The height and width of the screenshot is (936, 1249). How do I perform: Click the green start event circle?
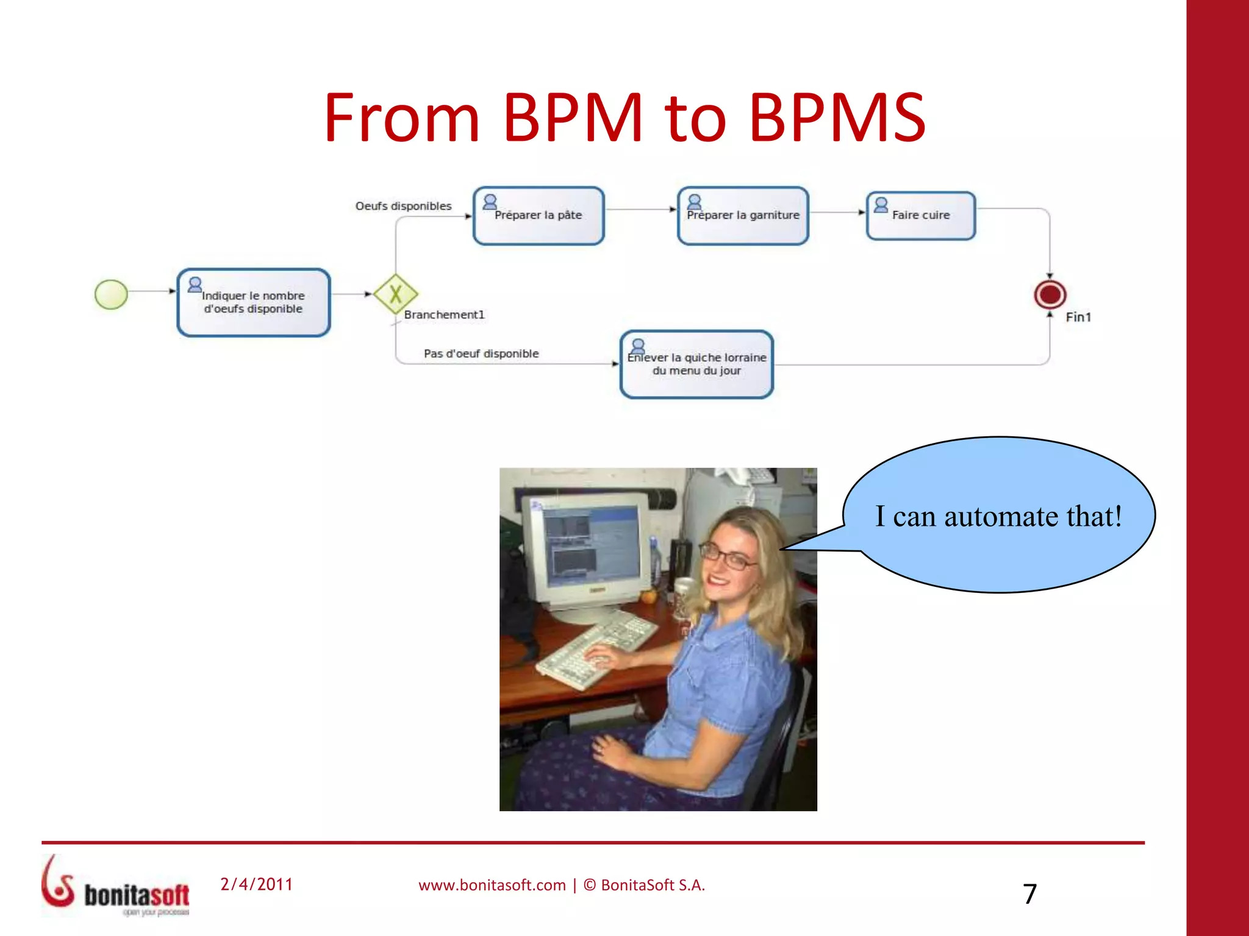point(111,294)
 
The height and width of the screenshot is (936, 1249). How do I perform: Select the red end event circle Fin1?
point(1050,295)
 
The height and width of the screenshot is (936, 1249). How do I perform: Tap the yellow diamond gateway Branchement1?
point(396,294)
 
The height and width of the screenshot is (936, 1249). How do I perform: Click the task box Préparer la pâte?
point(539,216)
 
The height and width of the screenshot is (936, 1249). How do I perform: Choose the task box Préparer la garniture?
point(743,216)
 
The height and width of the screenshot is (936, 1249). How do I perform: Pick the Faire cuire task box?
point(921,216)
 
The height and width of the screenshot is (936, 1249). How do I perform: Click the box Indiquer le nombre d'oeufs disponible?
point(253,303)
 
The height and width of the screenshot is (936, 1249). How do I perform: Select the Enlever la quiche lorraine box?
point(696,365)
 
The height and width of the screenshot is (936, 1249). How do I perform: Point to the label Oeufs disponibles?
point(403,206)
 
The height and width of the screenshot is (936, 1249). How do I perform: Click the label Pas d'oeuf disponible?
point(481,353)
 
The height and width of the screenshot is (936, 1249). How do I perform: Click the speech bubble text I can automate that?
point(998,516)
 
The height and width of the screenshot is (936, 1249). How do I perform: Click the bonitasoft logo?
point(116,887)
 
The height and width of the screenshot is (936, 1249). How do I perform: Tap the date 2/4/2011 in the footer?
point(256,884)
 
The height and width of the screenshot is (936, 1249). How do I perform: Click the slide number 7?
point(1029,894)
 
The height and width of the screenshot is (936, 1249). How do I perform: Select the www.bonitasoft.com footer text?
point(492,885)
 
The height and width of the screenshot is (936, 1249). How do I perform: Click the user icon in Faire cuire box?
point(881,205)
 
